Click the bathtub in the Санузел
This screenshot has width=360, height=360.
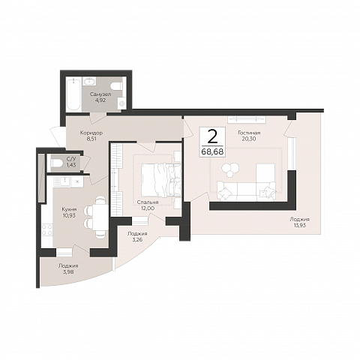73,94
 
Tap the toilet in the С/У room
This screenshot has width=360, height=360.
55,163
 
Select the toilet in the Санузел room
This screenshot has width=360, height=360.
118,86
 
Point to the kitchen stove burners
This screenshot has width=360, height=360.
47,230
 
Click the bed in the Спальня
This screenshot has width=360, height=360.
161,180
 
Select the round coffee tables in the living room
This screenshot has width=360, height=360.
230,169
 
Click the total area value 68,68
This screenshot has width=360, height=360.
212,151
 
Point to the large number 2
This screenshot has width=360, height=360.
212,136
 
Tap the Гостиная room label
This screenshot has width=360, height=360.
249,133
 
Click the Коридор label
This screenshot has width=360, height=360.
91,133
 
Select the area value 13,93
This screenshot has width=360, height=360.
299,225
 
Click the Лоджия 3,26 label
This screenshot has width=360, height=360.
137,236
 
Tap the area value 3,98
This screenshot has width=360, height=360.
68,271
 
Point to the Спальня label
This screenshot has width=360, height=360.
148,202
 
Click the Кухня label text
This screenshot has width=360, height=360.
69,209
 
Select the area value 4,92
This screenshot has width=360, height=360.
100,100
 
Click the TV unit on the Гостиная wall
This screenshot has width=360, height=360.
247,119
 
